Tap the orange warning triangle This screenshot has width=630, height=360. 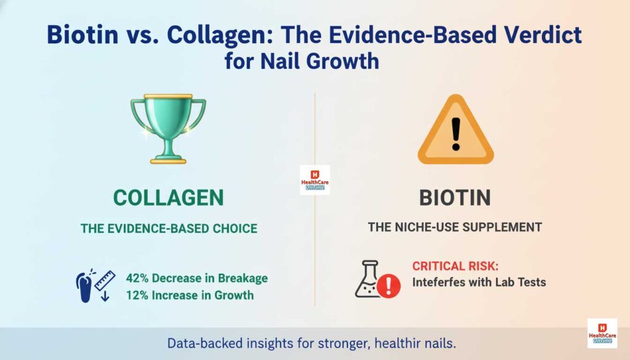(x=455, y=131)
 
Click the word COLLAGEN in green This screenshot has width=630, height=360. (x=169, y=198)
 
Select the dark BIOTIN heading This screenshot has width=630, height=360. (x=455, y=198)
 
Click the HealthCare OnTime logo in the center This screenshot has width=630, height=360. (x=314, y=180)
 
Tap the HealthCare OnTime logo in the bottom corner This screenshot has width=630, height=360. (x=602, y=333)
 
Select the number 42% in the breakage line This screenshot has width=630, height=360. (x=138, y=278)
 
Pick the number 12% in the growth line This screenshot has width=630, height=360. (x=138, y=295)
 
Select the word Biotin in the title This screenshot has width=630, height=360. (x=83, y=36)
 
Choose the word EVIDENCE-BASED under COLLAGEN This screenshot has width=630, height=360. (x=151, y=228)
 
